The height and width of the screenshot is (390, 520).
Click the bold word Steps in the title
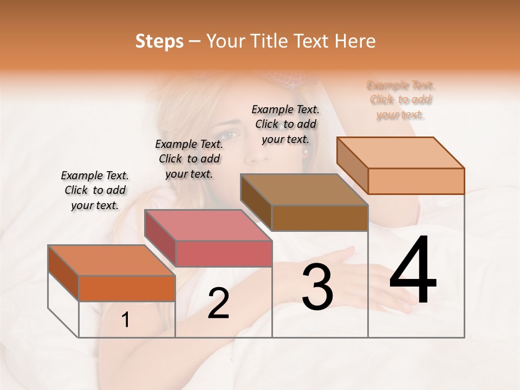[x=159, y=41]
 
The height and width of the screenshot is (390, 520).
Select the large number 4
[x=413, y=271]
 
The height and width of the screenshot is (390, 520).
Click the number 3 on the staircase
[x=317, y=287]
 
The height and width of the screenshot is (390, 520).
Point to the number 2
[x=218, y=303]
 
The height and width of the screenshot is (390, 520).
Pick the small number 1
[x=126, y=320]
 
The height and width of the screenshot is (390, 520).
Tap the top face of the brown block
[x=304, y=190]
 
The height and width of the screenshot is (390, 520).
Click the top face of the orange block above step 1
[x=112, y=261]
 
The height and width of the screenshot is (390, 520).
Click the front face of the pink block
[x=224, y=253]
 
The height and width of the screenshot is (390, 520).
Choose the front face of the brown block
[x=320, y=218]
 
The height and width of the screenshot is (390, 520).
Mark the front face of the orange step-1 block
[x=127, y=288]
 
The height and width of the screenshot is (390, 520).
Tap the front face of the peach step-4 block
[x=416, y=181]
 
